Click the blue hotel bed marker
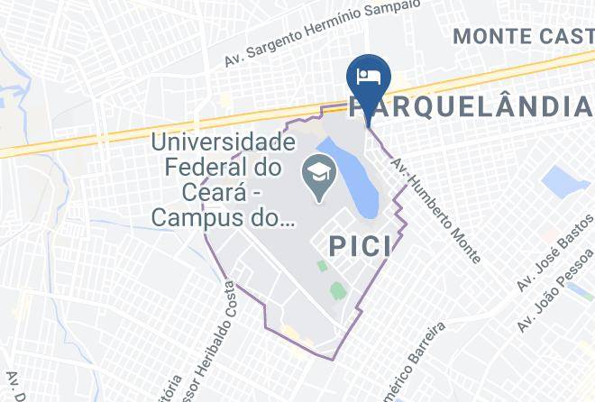pyautogui.click(x=368, y=76)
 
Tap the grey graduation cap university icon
pyautogui.click(x=316, y=169)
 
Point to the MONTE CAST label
pyautogui.click(x=523, y=36)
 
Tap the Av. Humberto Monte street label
pyautogui.click(x=435, y=206)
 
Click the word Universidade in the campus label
pyautogui.click(x=223, y=142)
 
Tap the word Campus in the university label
pyautogui.click(x=197, y=217)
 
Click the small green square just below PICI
pyautogui.click(x=321, y=266)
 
